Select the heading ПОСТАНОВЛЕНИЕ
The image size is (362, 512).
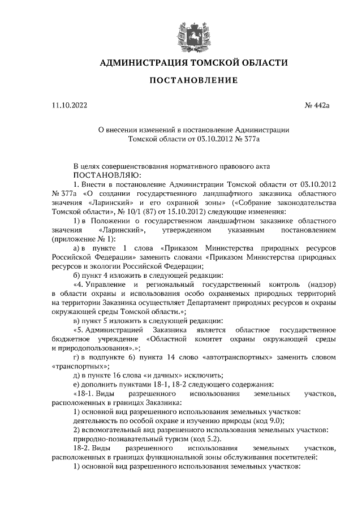click(x=192, y=80)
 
